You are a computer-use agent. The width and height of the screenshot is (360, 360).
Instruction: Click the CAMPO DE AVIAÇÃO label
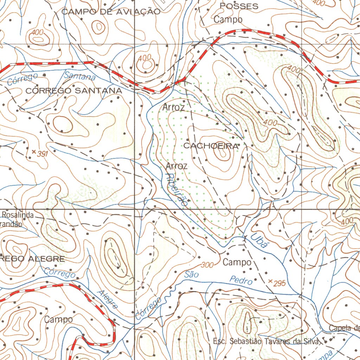click(x=111, y=12)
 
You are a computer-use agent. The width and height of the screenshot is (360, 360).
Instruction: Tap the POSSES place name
click(x=239, y=6)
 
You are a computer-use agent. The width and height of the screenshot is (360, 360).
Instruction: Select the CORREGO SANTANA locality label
click(x=74, y=91)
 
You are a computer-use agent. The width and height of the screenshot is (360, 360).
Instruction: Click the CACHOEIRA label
click(x=211, y=146)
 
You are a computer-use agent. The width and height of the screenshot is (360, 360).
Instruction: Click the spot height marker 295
click(x=270, y=282)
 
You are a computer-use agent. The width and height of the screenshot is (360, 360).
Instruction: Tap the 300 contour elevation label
click(x=207, y=265)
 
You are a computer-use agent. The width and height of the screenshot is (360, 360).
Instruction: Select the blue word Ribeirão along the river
click(x=177, y=190)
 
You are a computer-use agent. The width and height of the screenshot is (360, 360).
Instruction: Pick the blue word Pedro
click(x=241, y=281)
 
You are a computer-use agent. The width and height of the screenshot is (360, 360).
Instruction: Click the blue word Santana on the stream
click(x=80, y=75)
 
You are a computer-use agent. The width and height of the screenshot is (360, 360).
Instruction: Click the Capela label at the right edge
click(x=343, y=328)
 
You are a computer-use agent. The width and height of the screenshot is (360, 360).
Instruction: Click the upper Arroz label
click(x=174, y=107)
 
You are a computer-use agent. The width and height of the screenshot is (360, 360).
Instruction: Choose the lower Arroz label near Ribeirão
click(x=176, y=166)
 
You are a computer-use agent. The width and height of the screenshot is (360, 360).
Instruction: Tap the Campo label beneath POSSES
click(x=228, y=19)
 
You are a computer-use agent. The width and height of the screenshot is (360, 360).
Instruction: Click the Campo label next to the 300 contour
click(x=237, y=262)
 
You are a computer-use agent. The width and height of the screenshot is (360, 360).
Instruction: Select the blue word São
click(x=192, y=275)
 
